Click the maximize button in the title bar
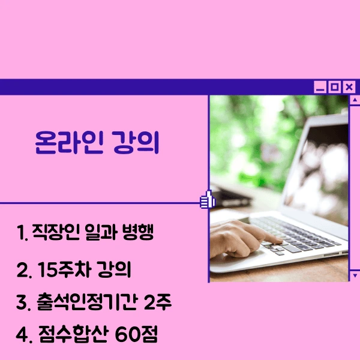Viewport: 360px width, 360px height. tap(335, 88)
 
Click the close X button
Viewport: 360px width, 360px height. tap(349, 88)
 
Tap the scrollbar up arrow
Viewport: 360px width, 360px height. tap(354, 101)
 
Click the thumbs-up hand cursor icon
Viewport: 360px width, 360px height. tap(208, 200)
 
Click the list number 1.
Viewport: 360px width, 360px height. tap(22, 232)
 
